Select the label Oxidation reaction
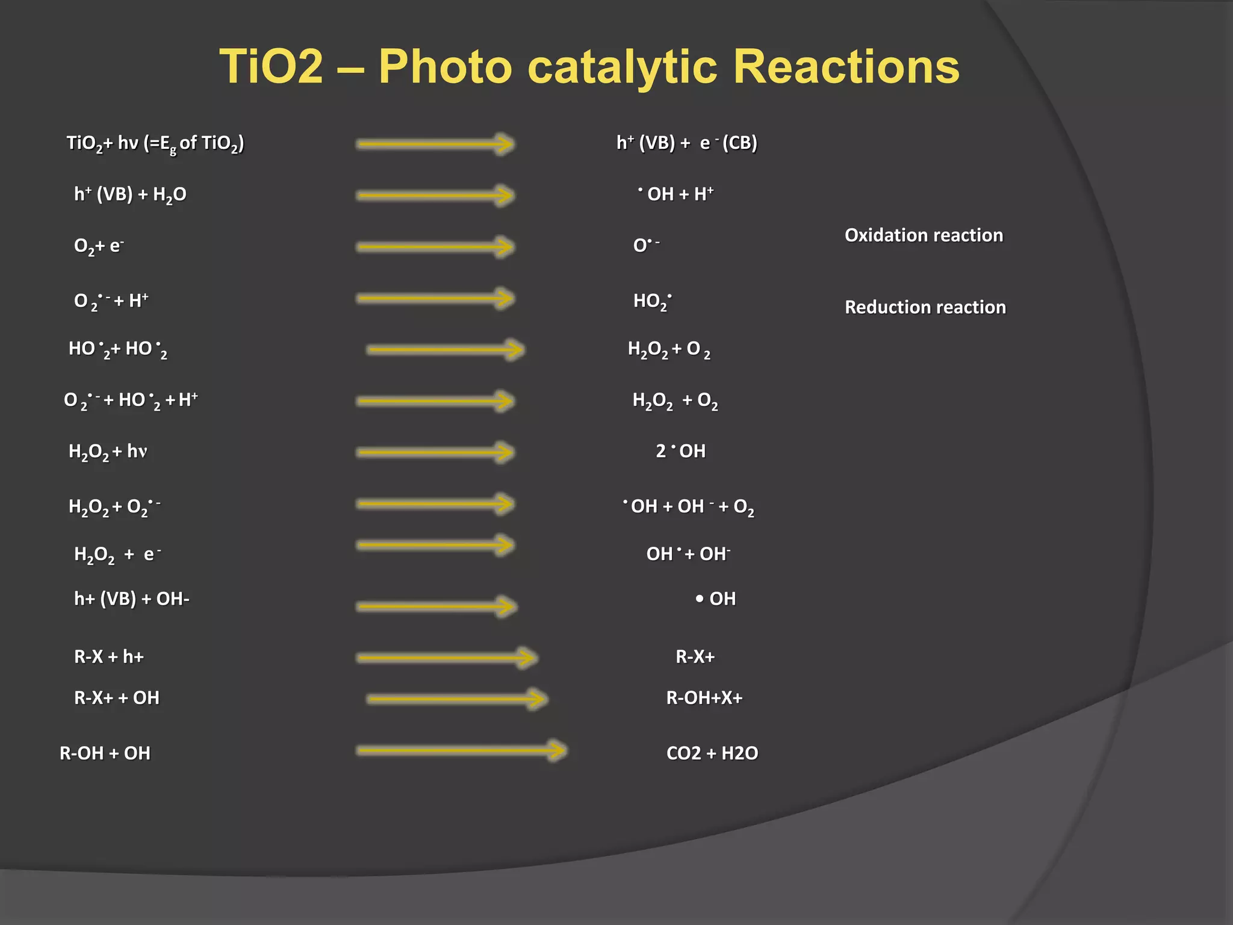tap(924, 235)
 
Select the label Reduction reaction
tap(925, 307)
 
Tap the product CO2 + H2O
tap(712, 753)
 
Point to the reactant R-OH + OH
tap(105, 753)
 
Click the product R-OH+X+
tap(704, 697)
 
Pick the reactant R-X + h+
tap(109, 656)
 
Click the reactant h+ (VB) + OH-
tap(131, 599)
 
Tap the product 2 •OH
tap(680, 451)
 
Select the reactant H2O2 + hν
tap(108, 452)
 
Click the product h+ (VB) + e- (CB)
tap(686, 143)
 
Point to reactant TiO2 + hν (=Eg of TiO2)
tap(155, 143)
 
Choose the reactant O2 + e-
tap(99, 246)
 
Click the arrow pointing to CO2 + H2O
tap(461, 750)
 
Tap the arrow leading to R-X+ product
tap(446, 658)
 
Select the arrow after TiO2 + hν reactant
tap(434, 144)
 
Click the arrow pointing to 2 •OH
tap(434, 452)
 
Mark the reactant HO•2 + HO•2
tap(118, 349)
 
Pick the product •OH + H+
tap(676, 194)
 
